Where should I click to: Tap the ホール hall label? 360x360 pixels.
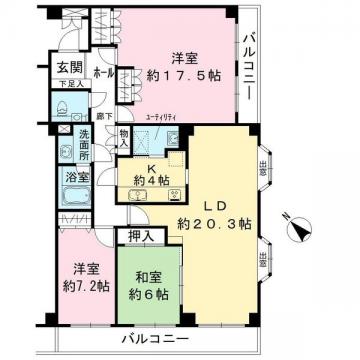click(102, 74)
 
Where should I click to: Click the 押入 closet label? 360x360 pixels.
click(140, 237)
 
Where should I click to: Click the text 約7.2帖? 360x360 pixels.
click(85, 284)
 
